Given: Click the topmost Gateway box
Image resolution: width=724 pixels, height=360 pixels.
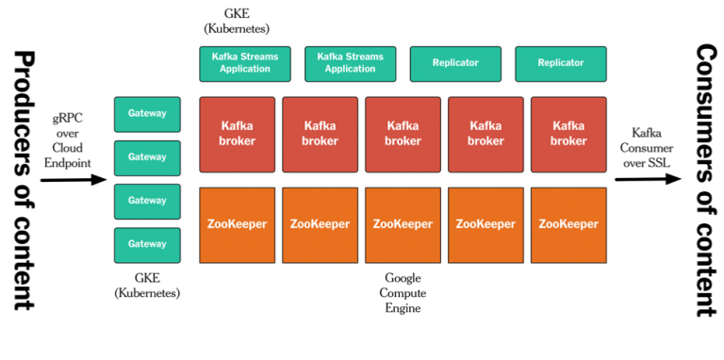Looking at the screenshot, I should click(147, 114).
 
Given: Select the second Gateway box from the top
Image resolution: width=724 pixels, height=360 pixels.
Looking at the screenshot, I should click(147, 157).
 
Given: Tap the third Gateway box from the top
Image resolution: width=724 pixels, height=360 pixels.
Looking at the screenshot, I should click(147, 201).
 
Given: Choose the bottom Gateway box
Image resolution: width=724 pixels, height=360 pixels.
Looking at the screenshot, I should click(147, 244).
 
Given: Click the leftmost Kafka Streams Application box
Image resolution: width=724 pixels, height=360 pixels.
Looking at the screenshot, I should click(244, 63).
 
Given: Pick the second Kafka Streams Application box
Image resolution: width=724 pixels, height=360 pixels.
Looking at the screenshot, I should click(350, 63).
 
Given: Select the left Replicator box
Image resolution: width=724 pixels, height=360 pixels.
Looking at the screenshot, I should click(455, 63).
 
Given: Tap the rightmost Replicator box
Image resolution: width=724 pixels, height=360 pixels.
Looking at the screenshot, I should click(561, 63).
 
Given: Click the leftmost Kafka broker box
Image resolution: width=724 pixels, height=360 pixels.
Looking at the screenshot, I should click(238, 134).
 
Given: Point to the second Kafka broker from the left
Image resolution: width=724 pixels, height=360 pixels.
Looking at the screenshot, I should click(321, 134).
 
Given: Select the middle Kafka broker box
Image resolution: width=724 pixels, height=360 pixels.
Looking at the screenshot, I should click(403, 134).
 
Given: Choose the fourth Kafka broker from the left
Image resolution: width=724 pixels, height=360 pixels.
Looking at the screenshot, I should click(485, 134).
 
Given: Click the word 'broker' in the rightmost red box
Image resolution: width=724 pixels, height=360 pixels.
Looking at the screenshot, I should click(568, 141).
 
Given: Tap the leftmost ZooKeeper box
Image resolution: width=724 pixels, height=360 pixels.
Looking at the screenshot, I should click(238, 224).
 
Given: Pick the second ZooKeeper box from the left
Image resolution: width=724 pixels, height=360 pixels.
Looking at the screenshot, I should click(321, 224).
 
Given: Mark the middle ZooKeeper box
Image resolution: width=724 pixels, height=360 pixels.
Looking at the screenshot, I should click(403, 224).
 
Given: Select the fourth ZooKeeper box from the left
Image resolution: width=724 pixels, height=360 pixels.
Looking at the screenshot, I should click(485, 224).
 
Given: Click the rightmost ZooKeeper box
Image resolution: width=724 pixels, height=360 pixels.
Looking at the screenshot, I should click(568, 224).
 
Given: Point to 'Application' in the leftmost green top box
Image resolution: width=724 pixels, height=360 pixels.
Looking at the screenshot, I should click(244, 69).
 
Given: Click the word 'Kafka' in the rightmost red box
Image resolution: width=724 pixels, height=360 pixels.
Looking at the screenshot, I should click(568, 125).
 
